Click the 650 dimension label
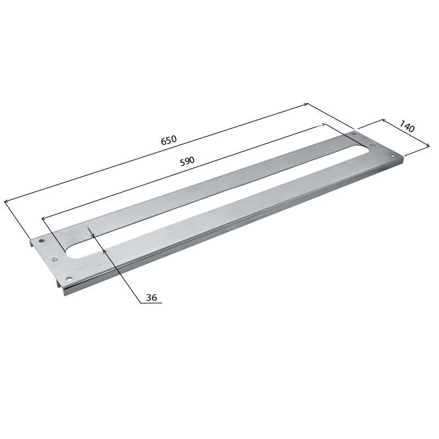pyautogui.click(x=169, y=140)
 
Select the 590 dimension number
pyautogui.click(x=187, y=161)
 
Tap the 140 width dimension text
pyautogui.click(x=407, y=126)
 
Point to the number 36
pyautogui.click(x=151, y=297)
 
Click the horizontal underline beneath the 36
pyautogui.click(x=151, y=303)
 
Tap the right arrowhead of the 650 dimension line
pyautogui.click(x=306, y=104)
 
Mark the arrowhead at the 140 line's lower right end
pyautogui.click(x=427, y=144)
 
